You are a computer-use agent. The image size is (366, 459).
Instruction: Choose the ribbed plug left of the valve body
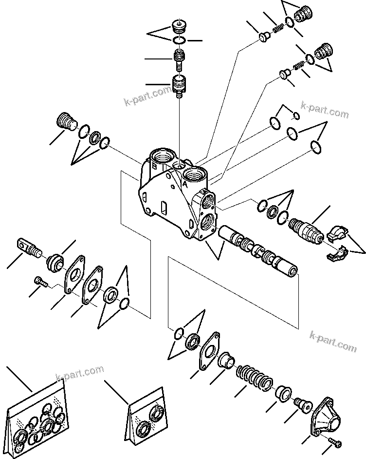66,121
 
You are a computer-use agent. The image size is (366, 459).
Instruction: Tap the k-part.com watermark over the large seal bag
80,373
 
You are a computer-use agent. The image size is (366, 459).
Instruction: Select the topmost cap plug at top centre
180,25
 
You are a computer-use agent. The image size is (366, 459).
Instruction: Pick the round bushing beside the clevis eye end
55,263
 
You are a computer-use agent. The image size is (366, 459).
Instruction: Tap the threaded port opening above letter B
162,157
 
